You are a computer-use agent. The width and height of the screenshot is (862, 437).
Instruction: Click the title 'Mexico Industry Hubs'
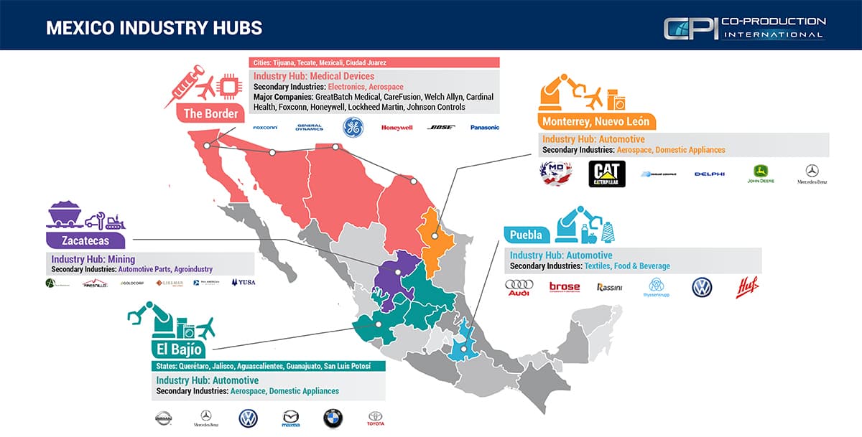154,27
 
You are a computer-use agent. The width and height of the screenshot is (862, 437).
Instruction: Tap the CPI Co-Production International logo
744,29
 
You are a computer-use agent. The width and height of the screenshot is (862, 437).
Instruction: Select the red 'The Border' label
210,113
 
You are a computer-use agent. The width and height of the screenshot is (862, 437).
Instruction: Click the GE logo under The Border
353,127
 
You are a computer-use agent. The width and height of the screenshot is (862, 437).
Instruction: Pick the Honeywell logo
397,128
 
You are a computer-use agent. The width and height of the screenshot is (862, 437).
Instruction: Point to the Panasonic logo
484,128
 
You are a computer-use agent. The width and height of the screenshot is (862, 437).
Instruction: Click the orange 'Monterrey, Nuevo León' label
595,121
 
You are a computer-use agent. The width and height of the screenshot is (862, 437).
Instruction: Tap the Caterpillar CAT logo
607,174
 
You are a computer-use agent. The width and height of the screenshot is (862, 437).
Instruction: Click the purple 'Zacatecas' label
86,240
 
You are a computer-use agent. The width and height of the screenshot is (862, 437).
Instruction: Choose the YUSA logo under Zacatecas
243,283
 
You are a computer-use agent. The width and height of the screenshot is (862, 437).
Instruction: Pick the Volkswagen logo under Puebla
701,287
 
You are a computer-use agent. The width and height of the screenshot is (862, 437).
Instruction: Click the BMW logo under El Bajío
333,418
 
